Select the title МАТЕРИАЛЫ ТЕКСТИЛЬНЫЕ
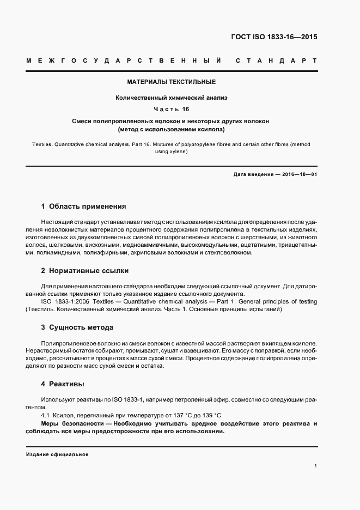(171, 82)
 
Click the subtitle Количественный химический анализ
(171, 98)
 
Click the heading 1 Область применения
(83, 207)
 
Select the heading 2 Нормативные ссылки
(85, 270)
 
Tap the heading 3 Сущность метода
(77, 327)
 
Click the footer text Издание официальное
(57, 454)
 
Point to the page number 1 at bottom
(315, 465)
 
